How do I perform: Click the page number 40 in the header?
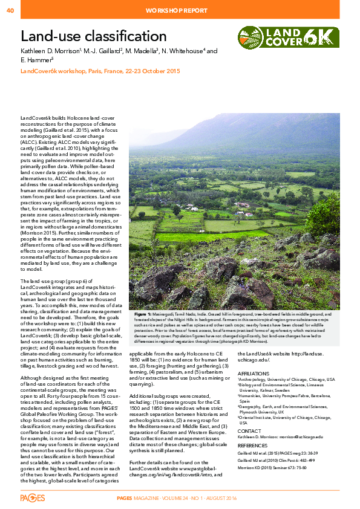coord(10,10)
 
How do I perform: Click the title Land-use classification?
coord(94,37)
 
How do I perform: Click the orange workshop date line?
coord(100,71)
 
